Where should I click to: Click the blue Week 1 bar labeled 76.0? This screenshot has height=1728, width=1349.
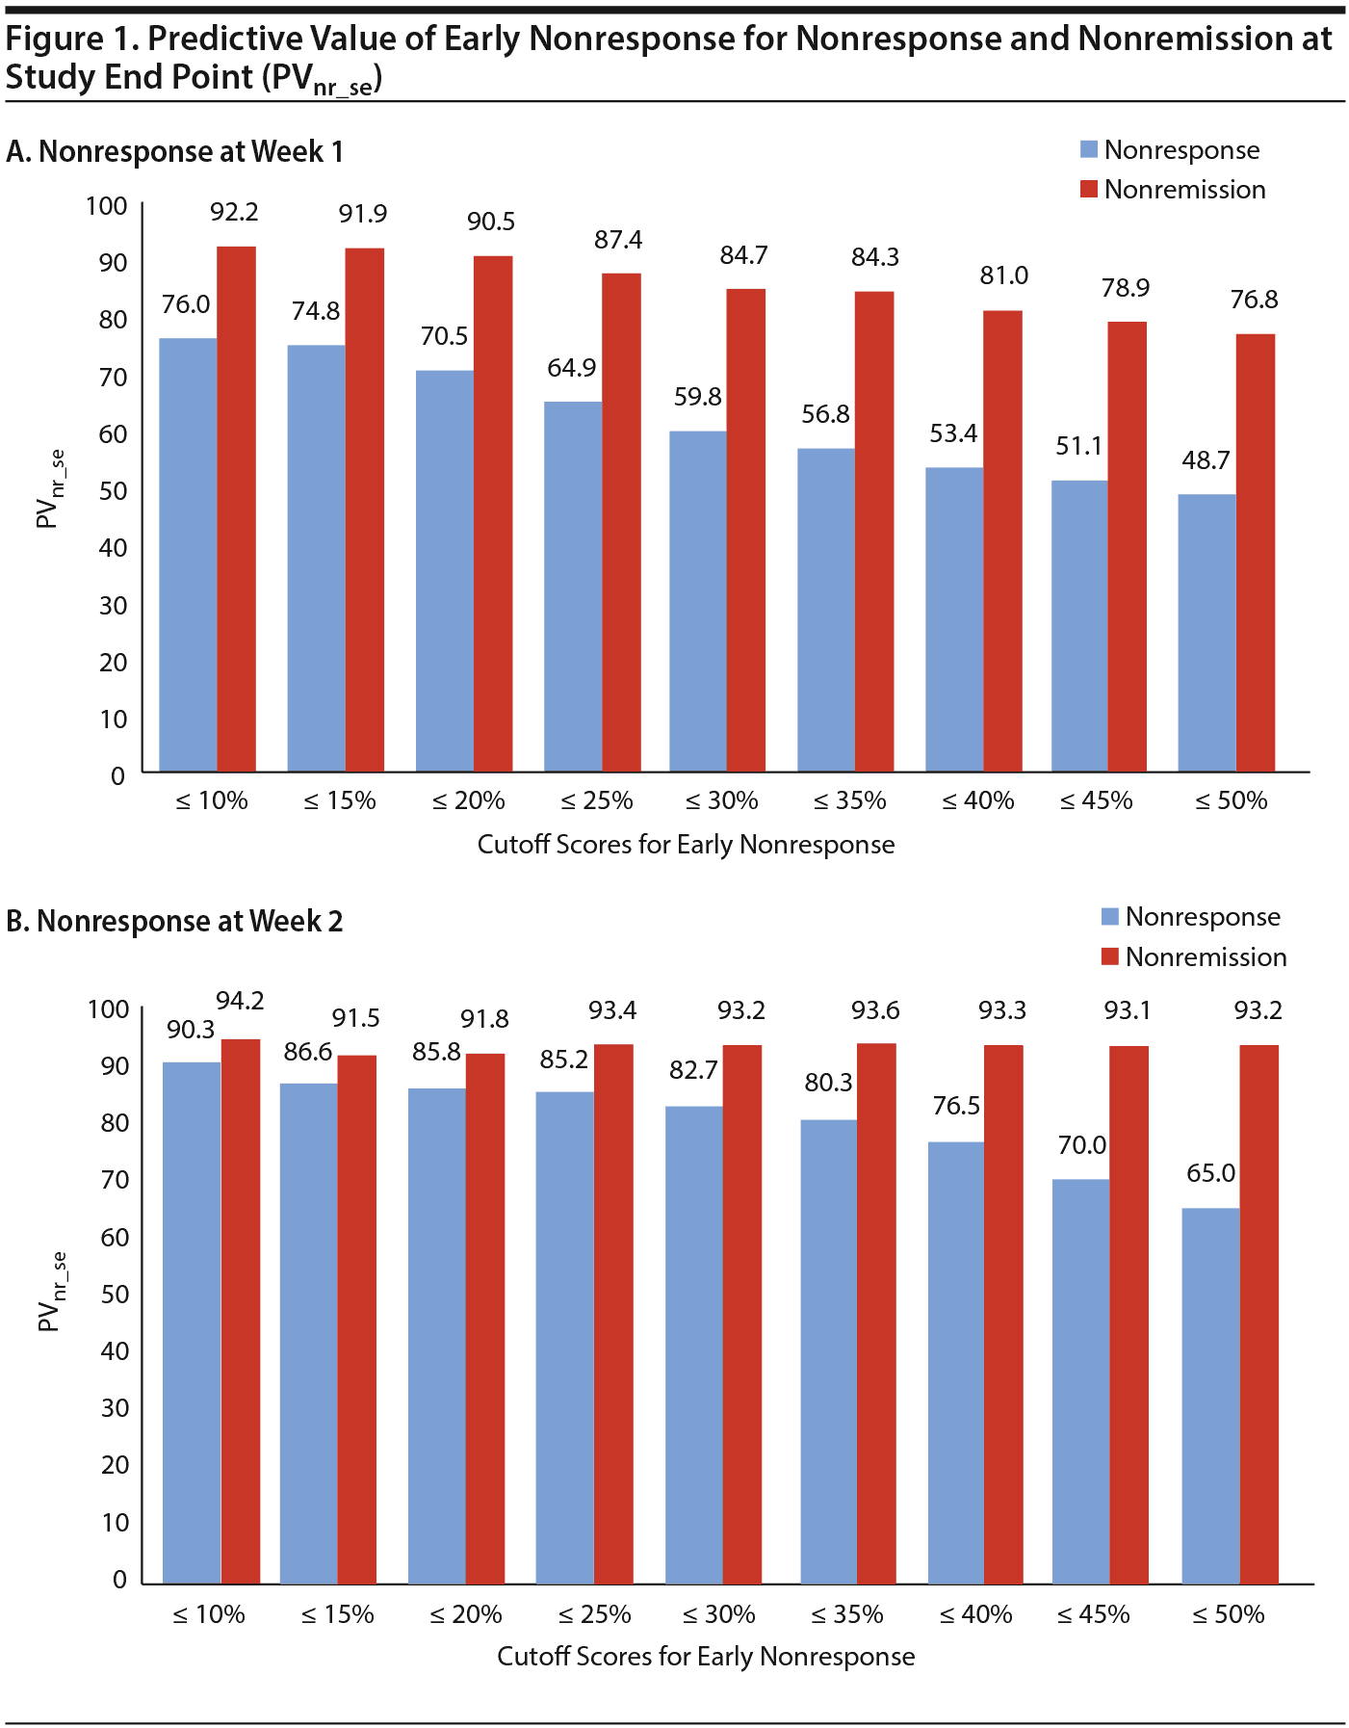[x=188, y=555]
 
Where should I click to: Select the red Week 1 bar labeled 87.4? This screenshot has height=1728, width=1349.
[x=621, y=522]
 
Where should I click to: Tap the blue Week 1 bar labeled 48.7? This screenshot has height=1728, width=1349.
[x=1206, y=633]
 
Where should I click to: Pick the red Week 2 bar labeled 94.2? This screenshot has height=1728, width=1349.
[x=241, y=1311]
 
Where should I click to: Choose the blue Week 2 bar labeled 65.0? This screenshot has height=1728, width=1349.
[x=1210, y=1396]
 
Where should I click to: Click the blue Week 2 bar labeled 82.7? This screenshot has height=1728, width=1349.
[x=693, y=1345]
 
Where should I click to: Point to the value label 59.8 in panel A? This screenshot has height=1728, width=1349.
[x=697, y=397]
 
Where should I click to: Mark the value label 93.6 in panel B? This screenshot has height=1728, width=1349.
[x=875, y=1010]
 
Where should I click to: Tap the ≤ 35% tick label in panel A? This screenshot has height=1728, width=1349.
[x=849, y=800]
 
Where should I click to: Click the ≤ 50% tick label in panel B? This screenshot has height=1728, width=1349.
[x=1228, y=1614]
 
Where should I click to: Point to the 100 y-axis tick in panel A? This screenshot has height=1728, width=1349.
[x=106, y=206]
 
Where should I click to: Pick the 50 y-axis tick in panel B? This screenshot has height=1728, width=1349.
[x=114, y=1294]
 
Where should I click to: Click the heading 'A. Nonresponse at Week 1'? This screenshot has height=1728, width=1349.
[x=174, y=152]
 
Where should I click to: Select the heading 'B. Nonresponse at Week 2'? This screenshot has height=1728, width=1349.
[x=174, y=922]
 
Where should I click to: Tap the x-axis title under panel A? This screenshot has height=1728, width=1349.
[x=686, y=845]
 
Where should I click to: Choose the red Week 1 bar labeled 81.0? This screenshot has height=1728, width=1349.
[x=1002, y=540]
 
